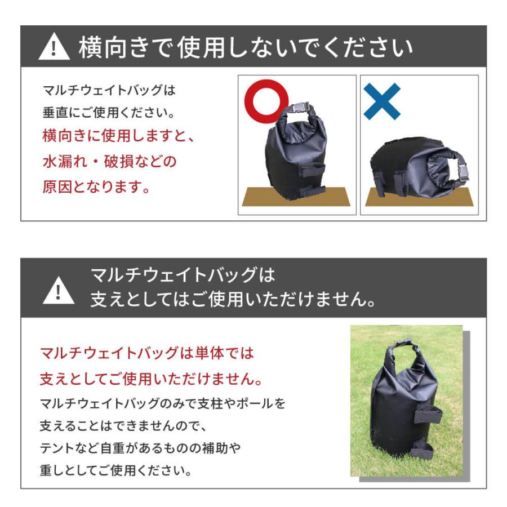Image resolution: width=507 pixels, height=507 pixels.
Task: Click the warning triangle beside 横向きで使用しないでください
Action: [54, 47]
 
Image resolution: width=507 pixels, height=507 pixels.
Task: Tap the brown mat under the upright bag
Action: [296, 197]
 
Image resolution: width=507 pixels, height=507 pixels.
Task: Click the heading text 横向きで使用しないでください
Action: [246, 48]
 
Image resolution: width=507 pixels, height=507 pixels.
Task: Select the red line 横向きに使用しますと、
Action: [118, 136]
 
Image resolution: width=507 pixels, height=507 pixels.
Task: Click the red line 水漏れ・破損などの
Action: [109, 162]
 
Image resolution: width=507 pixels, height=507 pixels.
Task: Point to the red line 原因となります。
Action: [96, 187]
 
